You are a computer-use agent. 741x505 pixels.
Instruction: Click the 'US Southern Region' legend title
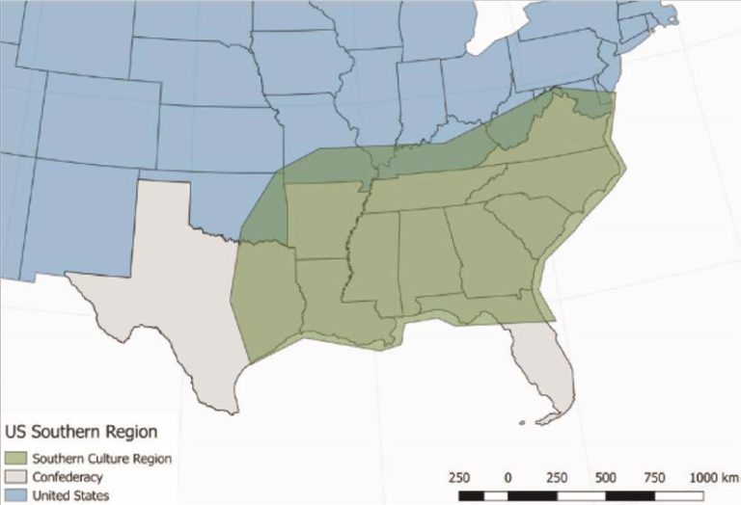[81, 432]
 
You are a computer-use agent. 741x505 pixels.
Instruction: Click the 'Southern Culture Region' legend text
[102, 459]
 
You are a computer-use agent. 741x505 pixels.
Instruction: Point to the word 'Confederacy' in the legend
[68, 477]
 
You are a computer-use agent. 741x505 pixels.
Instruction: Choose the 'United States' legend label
[70, 495]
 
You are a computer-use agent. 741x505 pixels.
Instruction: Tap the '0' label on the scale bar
[508, 477]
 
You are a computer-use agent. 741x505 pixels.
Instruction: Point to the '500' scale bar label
[606, 477]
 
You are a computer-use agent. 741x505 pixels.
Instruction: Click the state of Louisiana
[333, 304]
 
